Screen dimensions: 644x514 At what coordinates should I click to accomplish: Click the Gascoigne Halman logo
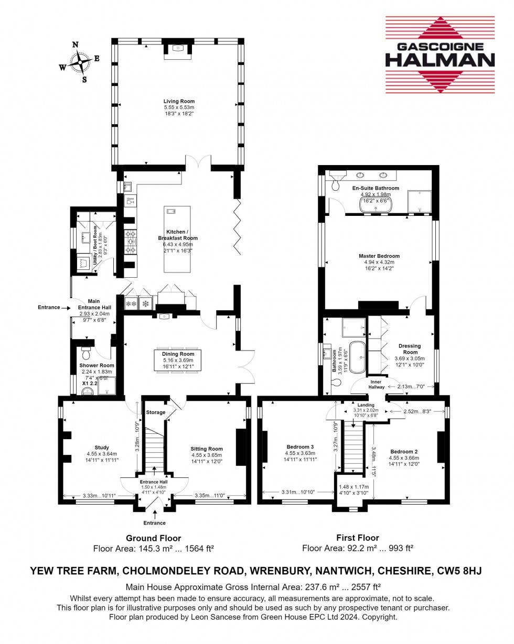click(440, 54)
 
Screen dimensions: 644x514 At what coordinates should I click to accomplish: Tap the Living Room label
click(179, 101)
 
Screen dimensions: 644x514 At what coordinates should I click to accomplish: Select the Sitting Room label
click(207, 449)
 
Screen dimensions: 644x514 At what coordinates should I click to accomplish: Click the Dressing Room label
click(410, 349)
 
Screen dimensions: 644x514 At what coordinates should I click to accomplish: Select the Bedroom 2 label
click(404, 451)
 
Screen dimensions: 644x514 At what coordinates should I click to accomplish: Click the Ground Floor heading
click(154, 538)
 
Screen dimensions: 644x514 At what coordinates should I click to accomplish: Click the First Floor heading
click(358, 538)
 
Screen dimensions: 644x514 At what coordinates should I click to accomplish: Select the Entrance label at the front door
click(155, 523)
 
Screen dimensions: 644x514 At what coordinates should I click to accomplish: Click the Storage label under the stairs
click(156, 412)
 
